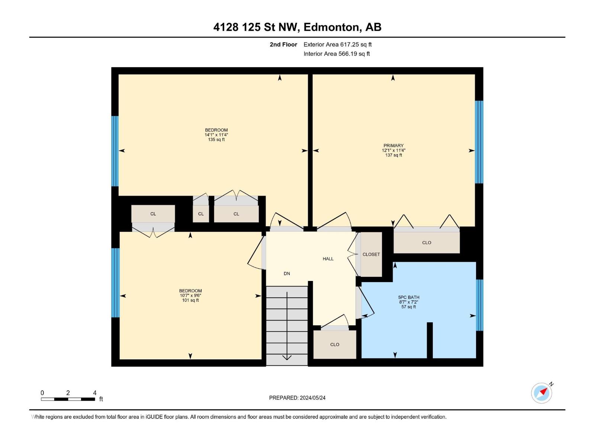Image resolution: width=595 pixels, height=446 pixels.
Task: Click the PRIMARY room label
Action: tap(393, 146)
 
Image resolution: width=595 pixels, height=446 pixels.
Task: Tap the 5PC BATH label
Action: tap(408, 297)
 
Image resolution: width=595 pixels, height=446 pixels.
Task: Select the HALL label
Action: tap(328, 259)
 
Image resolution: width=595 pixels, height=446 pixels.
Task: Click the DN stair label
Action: tap(287, 274)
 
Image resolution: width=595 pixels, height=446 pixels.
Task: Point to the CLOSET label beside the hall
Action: tap(371, 254)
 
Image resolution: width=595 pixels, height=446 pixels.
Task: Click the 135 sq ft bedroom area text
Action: tap(216, 140)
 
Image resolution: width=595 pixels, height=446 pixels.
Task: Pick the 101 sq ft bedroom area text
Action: tap(190, 300)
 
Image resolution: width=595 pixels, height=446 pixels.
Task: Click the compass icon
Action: tap(541, 393)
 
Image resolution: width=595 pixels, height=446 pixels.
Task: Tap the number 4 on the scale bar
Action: tap(95, 393)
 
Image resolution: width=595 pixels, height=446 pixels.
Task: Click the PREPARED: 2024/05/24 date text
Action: tap(297, 398)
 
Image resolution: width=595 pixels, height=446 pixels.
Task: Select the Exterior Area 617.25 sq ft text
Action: tap(337, 45)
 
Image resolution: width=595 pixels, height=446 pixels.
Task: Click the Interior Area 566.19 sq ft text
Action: tap(337, 54)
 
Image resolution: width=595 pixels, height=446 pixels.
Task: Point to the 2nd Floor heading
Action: tap(283, 45)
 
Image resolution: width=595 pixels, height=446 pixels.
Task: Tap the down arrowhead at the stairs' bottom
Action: tap(287, 358)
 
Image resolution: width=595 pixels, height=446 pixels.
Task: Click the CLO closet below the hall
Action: tap(335, 345)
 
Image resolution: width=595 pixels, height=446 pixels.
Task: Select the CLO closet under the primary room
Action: tap(427, 243)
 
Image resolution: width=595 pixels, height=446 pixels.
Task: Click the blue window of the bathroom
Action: tap(479, 305)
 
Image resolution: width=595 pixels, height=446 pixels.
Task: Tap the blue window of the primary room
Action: tap(479, 142)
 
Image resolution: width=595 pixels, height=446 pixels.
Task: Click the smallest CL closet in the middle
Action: tap(201, 214)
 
